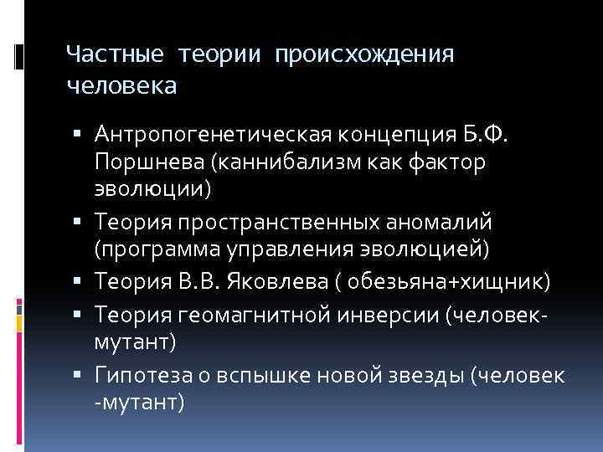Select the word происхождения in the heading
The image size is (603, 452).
pos(363,55)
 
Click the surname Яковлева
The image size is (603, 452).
pos(264,280)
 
